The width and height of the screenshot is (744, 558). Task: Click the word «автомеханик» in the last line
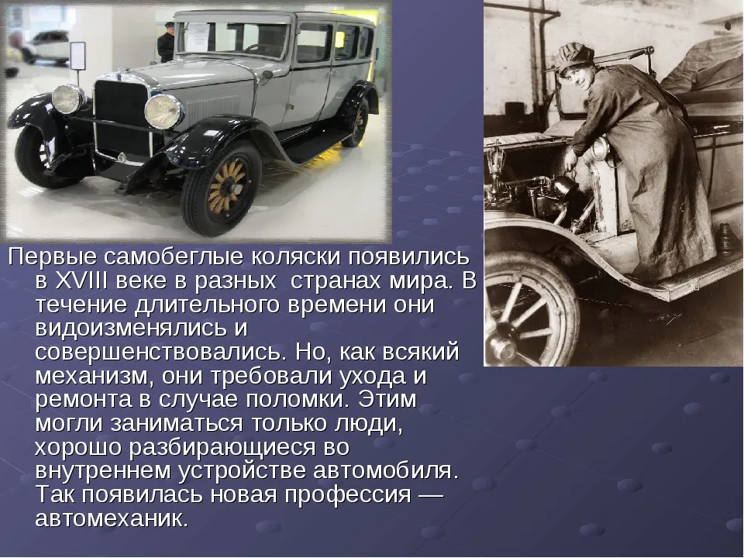(x=112, y=518)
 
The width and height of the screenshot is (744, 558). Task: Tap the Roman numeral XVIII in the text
(x=82, y=281)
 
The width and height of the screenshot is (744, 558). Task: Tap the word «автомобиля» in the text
(x=386, y=471)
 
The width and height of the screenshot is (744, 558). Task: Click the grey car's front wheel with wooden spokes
(x=222, y=190)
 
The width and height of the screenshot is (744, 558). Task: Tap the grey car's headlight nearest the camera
(x=163, y=111)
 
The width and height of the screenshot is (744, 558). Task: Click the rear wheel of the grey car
(x=356, y=122)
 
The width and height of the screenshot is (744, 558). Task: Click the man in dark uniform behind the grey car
(x=166, y=43)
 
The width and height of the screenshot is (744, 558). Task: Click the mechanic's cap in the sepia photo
(x=575, y=57)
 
